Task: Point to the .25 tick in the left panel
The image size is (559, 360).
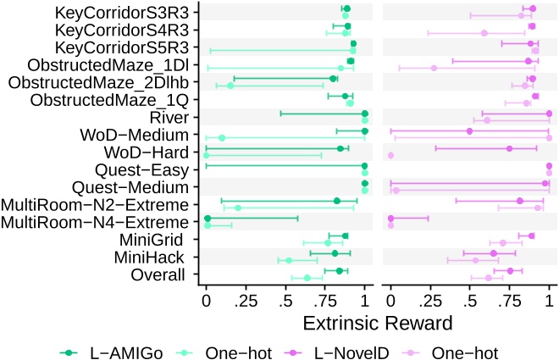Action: coord(246,300)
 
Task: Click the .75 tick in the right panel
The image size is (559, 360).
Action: coord(509,300)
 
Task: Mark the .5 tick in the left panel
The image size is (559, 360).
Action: coord(285,300)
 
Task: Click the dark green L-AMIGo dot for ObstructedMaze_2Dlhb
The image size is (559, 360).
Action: coord(333,79)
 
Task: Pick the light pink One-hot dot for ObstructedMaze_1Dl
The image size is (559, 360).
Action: coord(434,68)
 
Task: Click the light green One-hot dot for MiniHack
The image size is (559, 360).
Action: coord(289,260)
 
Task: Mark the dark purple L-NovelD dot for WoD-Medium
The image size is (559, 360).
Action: coord(469,131)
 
